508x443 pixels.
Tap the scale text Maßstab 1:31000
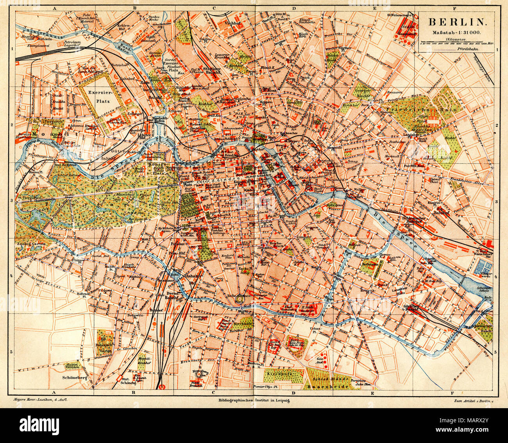coord(456,32)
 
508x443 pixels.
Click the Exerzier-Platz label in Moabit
coord(100,97)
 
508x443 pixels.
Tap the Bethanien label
coord(369,265)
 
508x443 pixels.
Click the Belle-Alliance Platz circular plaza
coord(238,301)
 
